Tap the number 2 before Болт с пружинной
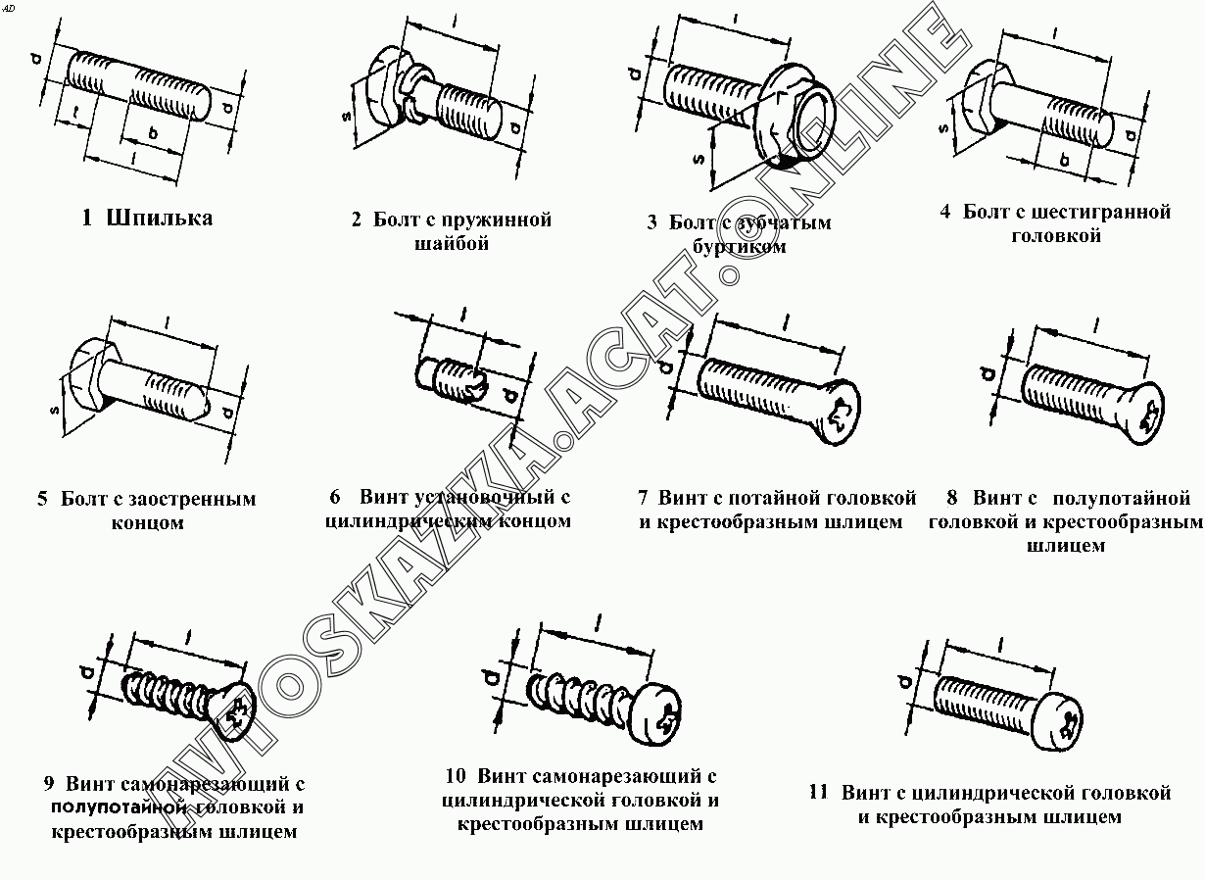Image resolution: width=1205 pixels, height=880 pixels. tap(357, 220)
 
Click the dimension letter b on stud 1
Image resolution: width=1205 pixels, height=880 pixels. tap(152, 131)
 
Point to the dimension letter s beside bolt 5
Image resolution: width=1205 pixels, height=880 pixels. tap(56, 411)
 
